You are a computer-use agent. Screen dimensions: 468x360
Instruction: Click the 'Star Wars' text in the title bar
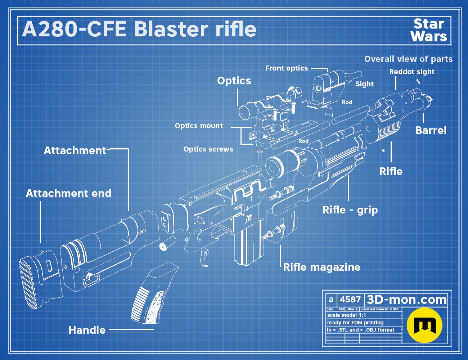(x=429, y=30)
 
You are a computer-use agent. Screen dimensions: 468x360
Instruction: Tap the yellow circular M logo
(x=424, y=325)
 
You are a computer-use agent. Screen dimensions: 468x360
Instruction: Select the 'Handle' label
(x=87, y=330)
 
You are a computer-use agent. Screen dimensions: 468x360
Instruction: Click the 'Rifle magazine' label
(x=321, y=267)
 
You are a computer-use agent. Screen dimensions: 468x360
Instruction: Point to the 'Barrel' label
(x=431, y=130)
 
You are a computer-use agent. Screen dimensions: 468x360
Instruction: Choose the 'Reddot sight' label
(x=412, y=72)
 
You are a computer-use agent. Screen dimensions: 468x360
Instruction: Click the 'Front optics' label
(x=287, y=68)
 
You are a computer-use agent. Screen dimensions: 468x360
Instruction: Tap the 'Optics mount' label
(x=199, y=126)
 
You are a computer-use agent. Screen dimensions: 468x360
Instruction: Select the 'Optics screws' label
(x=208, y=149)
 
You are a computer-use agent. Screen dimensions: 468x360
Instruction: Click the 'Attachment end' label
(x=68, y=193)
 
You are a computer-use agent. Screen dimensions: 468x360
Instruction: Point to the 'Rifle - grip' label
(x=350, y=210)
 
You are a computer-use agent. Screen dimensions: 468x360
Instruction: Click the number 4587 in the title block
(x=350, y=300)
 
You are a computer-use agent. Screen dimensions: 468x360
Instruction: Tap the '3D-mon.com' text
(x=406, y=300)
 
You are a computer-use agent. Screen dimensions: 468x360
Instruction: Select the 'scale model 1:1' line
(x=347, y=315)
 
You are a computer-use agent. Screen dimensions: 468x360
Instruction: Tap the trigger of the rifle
(x=204, y=257)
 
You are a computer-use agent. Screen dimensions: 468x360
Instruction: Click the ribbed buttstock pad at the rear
(x=28, y=282)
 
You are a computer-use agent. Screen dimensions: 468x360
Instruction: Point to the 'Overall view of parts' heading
(x=408, y=59)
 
